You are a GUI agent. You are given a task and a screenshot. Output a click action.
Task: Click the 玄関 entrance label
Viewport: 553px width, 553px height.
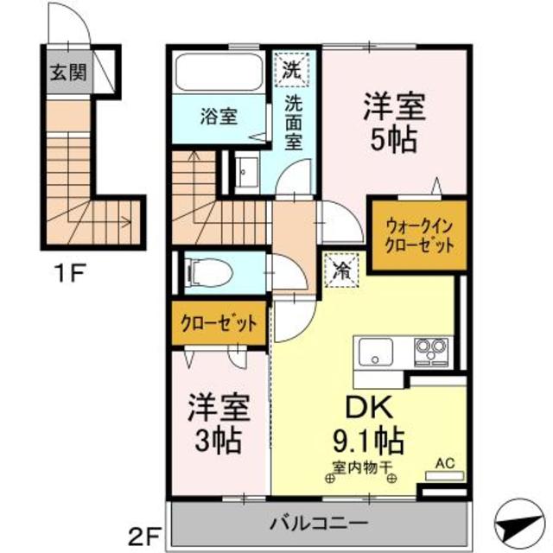pyautogui.click(x=67, y=73)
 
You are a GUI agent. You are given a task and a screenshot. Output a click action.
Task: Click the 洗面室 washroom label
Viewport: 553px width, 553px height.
pyautogui.click(x=295, y=126)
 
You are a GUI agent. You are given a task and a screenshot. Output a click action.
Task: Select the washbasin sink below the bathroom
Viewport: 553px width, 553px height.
pyautogui.click(x=247, y=172)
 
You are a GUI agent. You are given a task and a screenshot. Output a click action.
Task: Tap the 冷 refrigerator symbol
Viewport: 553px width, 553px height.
pyautogui.click(x=340, y=268)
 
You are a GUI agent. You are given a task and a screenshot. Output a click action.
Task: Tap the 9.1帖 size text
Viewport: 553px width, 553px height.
pyautogui.click(x=366, y=442)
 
